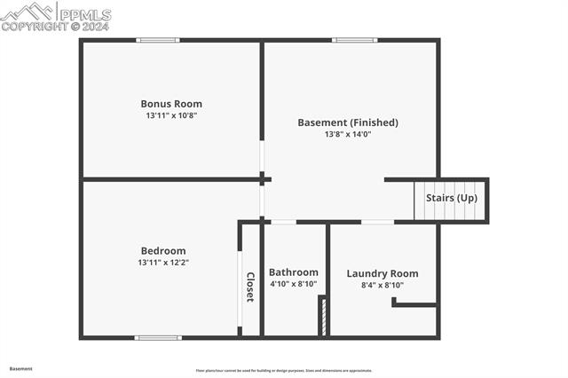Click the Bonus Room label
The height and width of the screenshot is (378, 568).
click(x=171, y=103)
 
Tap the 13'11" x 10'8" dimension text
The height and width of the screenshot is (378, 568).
click(x=171, y=115)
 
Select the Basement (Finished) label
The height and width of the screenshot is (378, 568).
click(x=348, y=122)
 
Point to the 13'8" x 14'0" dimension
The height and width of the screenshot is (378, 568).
click(x=348, y=135)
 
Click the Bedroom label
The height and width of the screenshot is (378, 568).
click(x=163, y=250)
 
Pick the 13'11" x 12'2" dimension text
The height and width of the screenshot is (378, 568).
click(x=163, y=263)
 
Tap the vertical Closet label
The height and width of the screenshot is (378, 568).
click(x=250, y=287)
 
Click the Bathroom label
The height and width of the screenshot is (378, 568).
click(x=294, y=272)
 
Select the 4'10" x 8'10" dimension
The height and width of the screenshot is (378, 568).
click(x=294, y=284)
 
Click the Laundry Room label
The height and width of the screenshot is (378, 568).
click(x=383, y=273)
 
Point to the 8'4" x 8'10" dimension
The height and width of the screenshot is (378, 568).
click(x=383, y=285)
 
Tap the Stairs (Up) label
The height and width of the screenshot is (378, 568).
click(x=452, y=198)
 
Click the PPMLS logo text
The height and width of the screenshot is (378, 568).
click(x=84, y=14)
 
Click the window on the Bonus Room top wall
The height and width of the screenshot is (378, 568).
click(x=158, y=40)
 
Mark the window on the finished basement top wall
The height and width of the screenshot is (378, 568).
click(x=355, y=40)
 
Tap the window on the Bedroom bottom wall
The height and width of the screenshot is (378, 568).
click(x=158, y=337)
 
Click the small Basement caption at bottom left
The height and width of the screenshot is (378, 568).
click(x=21, y=368)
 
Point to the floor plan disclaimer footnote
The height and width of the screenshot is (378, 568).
click(x=284, y=371)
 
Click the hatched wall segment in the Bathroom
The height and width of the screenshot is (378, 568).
click(x=324, y=316)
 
